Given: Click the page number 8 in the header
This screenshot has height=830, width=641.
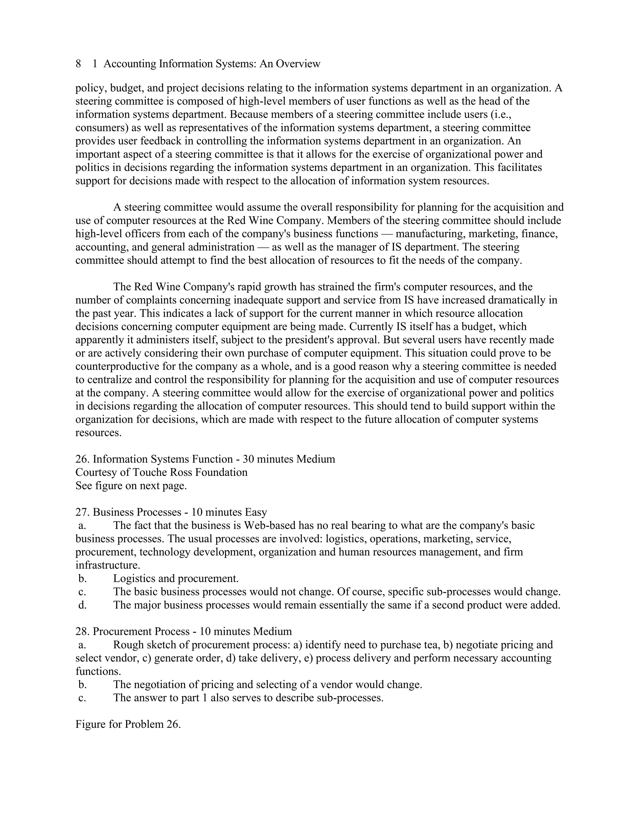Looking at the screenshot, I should click(x=78, y=64).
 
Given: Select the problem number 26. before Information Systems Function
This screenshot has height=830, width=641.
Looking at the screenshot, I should click(x=82, y=459).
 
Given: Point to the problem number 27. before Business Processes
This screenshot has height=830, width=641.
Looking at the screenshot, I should click(x=82, y=512).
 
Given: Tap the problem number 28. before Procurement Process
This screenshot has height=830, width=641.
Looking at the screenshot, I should click(x=82, y=632).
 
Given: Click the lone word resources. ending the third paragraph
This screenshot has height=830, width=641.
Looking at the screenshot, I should click(x=98, y=433).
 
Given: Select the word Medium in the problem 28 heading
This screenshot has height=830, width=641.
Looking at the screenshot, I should click(x=272, y=632).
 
